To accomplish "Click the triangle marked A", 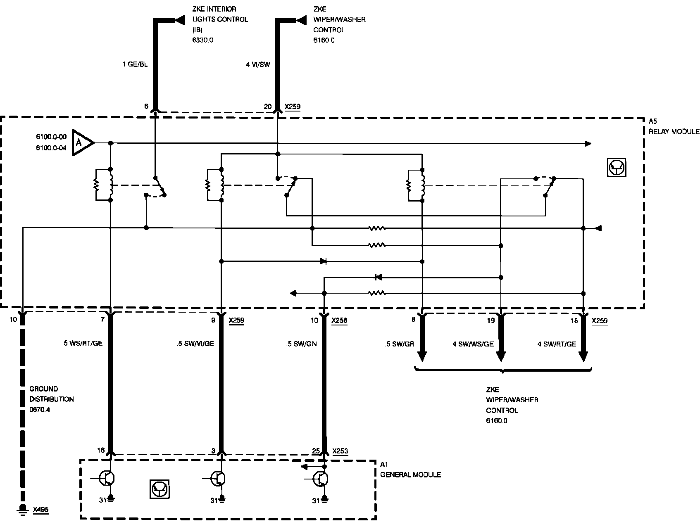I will pyautogui.click(x=81, y=143).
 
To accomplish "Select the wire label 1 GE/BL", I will pyautogui.click(x=135, y=64).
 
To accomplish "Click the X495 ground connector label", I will pyautogui.click(x=40, y=509).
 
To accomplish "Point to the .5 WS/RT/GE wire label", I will pyautogui.click(x=82, y=344).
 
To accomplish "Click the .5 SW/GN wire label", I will pyautogui.click(x=301, y=344).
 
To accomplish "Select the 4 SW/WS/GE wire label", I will pyautogui.click(x=473, y=344).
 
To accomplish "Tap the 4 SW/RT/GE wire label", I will pyautogui.click(x=557, y=344).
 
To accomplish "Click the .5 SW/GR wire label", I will pyautogui.click(x=399, y=344).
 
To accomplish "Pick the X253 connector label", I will pyautogui.click(x=340, y=451).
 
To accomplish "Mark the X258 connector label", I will pyautogui.click(x=339, y=320).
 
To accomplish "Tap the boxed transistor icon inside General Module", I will pyautogui.click(x=160, y=489).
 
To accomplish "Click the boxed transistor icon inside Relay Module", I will pyautogui.click(x=617, y=168).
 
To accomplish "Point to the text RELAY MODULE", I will pyautogui.click(x=674, y=131).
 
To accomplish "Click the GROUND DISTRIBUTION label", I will pyautogui.click(x=51, y=394).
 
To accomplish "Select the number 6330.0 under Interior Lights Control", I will pyautogui.click(x=202, y=40).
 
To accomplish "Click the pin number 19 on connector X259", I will pyautogui.click(x=490, y=320).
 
